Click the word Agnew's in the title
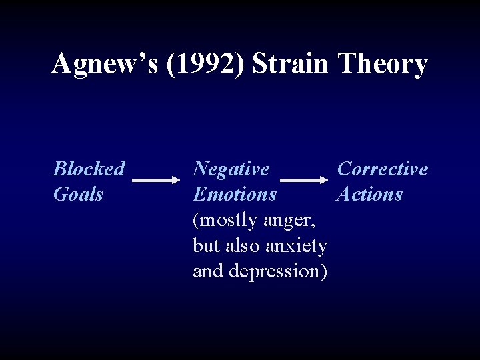coord(105,65)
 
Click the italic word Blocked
coord(89,169)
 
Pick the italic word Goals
coord(78,194)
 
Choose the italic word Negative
coord(231,169)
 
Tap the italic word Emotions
coord(235,194)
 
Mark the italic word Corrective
coord(383,169)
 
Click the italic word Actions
coord(370,194)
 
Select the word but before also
coord(205,246)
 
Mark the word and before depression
coord(207,271)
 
